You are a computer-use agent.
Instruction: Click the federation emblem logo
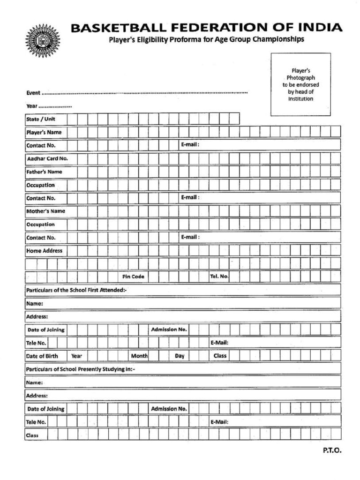pos(43,41)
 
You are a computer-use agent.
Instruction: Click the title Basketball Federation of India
pos(206,28)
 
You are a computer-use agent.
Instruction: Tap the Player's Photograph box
pos(300,84)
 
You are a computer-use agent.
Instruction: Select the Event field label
pos(33,93)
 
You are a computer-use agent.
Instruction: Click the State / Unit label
pos(40,119)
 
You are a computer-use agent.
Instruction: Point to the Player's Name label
pos(44,132)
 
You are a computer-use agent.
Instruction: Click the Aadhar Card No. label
pos(47,158)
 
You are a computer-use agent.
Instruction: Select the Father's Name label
pos(44,172)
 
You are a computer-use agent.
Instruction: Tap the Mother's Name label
pos(45,211)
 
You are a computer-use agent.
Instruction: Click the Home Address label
pos(44,251)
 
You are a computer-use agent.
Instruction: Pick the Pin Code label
pos(133,277)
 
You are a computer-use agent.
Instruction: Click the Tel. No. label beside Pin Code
pos(219,277)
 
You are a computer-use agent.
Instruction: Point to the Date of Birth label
pos(42,356)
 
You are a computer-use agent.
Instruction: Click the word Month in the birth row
pos(140,356)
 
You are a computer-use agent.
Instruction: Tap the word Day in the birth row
pos(180,356)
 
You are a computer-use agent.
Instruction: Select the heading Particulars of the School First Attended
pos(76,290)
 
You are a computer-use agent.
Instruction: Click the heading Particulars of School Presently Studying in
pos(80,369)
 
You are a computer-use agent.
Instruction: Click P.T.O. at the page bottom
pos(332,451)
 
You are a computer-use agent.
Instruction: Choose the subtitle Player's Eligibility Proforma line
pos(206,39)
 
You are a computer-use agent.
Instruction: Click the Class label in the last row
pos(32,435)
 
